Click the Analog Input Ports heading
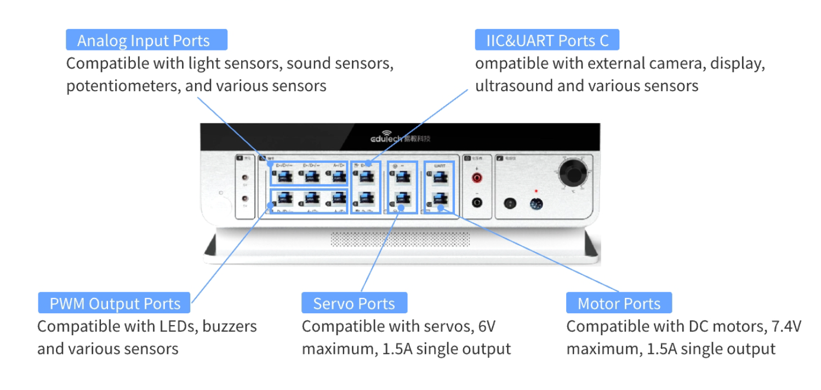tap(144, 41)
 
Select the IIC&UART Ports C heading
tap(548, 41)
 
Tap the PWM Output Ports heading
tap(115, 303)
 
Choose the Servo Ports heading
tap(354, 303)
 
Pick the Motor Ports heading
tap(619, 303)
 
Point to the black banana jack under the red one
tap(477, 202)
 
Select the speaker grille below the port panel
tap(400, 239)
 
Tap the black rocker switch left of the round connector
tap(510, 203)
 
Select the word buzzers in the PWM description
tap(229, 326)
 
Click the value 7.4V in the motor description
tap(785, 326)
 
